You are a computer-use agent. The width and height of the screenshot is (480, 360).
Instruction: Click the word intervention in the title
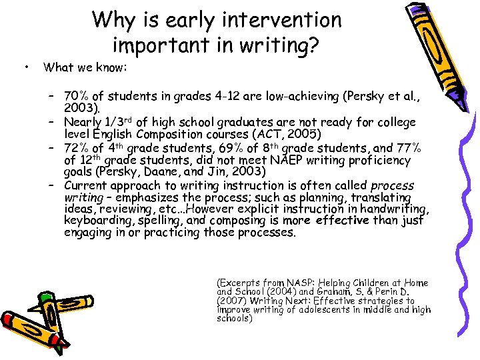(280, 20)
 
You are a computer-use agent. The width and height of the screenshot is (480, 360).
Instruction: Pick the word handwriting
(391, 209)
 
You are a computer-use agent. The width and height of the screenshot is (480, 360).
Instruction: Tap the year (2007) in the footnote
(231, 301)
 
